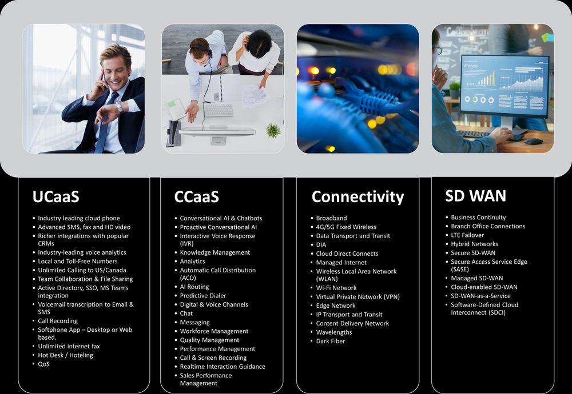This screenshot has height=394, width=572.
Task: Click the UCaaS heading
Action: tap(56, 196)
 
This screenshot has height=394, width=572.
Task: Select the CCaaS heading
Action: tap(197, 196)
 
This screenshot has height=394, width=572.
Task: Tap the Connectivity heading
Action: tap(357, 197)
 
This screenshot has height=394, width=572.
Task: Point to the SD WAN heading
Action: tap(476, 196)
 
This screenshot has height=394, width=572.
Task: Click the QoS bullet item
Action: tap(44, 364)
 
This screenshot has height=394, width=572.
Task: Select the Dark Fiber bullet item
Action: tap(331, 341)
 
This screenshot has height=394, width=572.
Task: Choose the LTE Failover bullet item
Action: tap(467, 235)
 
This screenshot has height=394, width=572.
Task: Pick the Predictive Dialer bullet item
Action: tap(203, 296)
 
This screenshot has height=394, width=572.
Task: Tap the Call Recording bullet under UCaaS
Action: tap(58, 321)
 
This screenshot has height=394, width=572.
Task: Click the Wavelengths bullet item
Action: tap(334, 332)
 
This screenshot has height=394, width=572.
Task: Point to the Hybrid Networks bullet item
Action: tap(474, 244)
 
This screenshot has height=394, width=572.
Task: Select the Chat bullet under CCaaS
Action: tap(186, 313)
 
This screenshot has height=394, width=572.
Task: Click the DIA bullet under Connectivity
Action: tap(321, 245)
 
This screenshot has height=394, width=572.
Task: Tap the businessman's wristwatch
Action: tap(120, 107)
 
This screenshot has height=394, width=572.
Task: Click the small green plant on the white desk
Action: tap(273, 130)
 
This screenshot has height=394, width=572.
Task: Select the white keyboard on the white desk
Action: tap(219, 110)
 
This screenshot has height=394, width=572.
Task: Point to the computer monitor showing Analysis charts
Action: tap(504, 87)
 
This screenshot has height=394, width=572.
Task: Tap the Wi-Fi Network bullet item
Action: tap(336, 288)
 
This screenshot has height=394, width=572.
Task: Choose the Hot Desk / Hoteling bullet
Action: tap(65, 355)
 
